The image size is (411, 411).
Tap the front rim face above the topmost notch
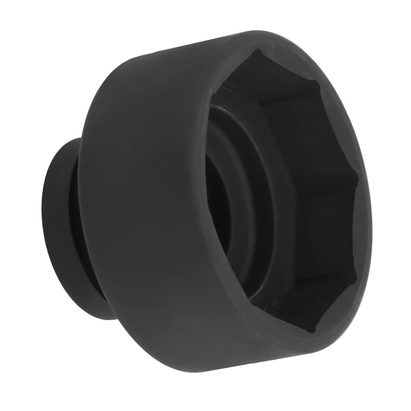click(x=259, y=41)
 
